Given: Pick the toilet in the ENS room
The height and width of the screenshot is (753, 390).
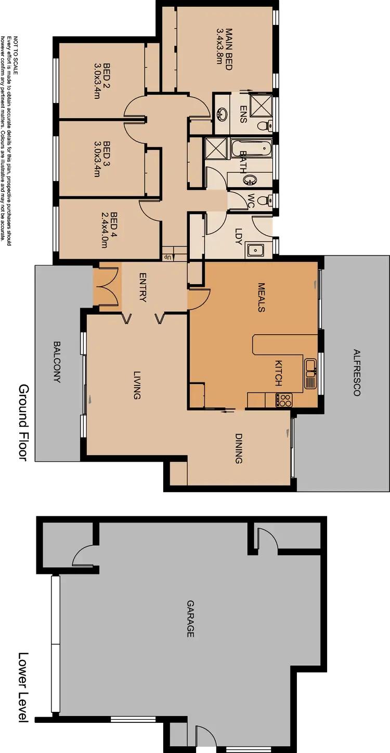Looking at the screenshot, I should coord(266,125).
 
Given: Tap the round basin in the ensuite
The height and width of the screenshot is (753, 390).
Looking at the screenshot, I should coord(222,113).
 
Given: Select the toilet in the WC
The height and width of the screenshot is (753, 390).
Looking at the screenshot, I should coord(266,200).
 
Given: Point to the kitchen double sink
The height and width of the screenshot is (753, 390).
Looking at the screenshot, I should coord(310,374).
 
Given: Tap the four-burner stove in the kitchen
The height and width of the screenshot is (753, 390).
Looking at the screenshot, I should coord(285,400).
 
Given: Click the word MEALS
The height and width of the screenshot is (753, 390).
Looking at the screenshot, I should coord(262,298).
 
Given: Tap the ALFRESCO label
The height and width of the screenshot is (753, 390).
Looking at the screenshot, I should coord(356,373).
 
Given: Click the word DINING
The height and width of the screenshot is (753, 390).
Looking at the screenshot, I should coord(238,449).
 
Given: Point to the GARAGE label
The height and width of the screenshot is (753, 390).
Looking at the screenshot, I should coord(190,619).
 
